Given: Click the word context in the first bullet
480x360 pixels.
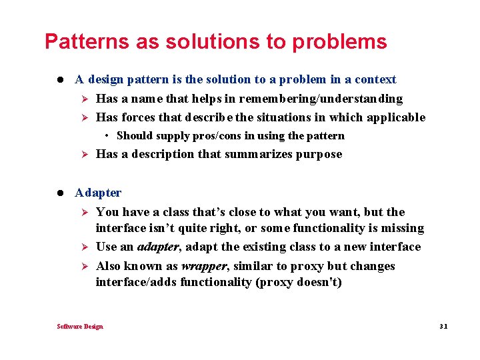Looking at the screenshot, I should (x=375, y=79).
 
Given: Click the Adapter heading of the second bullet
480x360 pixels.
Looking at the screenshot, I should (x=98, y=193).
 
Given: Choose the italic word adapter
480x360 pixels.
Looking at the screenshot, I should (x=158, y=247).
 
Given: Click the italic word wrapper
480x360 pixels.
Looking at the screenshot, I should (x=203, y=266).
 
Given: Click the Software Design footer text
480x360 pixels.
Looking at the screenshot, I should (x=80, y=326).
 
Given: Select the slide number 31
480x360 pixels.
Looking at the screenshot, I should (x=444, y=326).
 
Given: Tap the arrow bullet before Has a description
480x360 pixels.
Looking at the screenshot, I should (x=84, y=155).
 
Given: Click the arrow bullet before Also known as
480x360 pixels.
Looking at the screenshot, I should (x=84, y=266).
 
